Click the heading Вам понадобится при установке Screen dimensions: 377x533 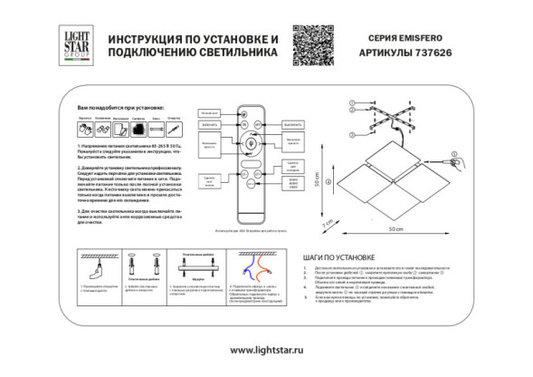click(110, 107)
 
